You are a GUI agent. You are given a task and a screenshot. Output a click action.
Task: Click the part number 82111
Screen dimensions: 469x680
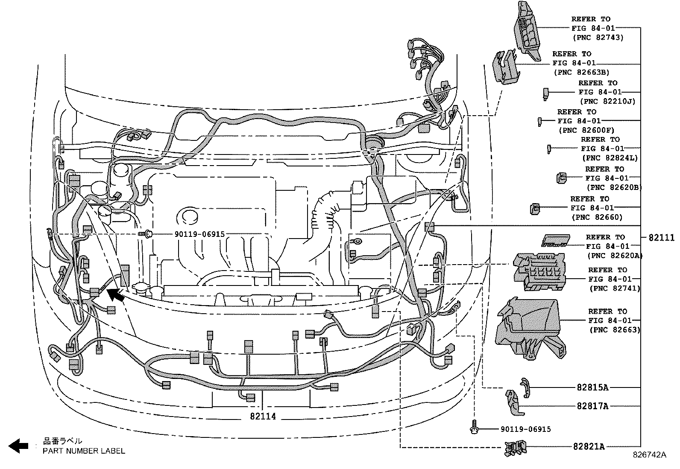coord(661,238)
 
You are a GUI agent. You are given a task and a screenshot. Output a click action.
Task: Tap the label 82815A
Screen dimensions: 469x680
coord(592,387)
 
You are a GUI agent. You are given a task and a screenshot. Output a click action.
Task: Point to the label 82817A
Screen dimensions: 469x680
coord(592,406)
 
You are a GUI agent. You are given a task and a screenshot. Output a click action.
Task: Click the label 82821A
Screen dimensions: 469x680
coord(589,446)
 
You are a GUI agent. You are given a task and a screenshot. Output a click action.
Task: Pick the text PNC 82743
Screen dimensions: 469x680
coord(598,38)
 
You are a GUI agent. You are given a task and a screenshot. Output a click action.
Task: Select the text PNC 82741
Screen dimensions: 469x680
coord(614,288)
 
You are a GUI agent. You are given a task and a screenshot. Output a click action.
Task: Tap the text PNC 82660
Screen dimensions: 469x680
coord(597,217)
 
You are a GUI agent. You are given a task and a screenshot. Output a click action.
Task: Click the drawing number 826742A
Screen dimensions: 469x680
coord(649,455)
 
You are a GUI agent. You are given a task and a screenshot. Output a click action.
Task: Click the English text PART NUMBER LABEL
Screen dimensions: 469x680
coord(84,451)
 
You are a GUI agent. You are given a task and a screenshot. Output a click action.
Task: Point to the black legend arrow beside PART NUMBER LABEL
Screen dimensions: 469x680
coord(19,446)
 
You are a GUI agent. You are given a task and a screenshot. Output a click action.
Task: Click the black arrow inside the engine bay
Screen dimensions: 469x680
coord(116,295)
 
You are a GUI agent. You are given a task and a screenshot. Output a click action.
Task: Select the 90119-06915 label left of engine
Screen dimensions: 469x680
coord(199,234)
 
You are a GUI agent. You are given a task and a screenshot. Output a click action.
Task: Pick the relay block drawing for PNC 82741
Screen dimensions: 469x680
coord(539,272)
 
